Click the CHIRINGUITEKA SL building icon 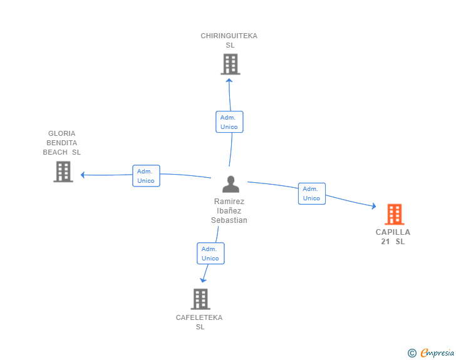pyautogui.click(x=231, y=64)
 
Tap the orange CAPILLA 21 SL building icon pyautogui.click(x=395, y=214)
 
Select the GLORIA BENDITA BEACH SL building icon pyautogui.click(x=63, y=172)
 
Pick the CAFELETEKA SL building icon pyautogui.click(x=200, y=299)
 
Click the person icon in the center pyautogui.click(x=231, y=184)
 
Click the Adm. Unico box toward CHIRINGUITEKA pyautogui.click(x=229, y=122)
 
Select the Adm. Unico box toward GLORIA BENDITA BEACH pyautogui.click(x=146, y=176)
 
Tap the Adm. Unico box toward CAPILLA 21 pyautogui.click(x=312, y=193)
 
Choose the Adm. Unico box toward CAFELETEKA pyautogui.click(x=210, y=254)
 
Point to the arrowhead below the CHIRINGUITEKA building pyautogui.click(x=229, y=81)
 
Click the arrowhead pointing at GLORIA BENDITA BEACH pyautogui.click(x=83, y=175)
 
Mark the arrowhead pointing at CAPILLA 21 pyautogui.click(x=374, y=206)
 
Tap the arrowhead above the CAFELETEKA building pyautogui.click(x=203, y=280)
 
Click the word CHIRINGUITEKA pyautogui.click(x=229, y=36)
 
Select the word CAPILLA pyautogui.click(x=393, y=232)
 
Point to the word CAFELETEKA pyautogui.click(x=199, y=317)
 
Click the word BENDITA pyautogui.click(x=61, y=143)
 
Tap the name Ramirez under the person pyautogui.click(x=229, y=201)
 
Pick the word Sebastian pyautogui.click(x=229, y=220)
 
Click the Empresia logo pyautogui.click(x=431, y=352)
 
